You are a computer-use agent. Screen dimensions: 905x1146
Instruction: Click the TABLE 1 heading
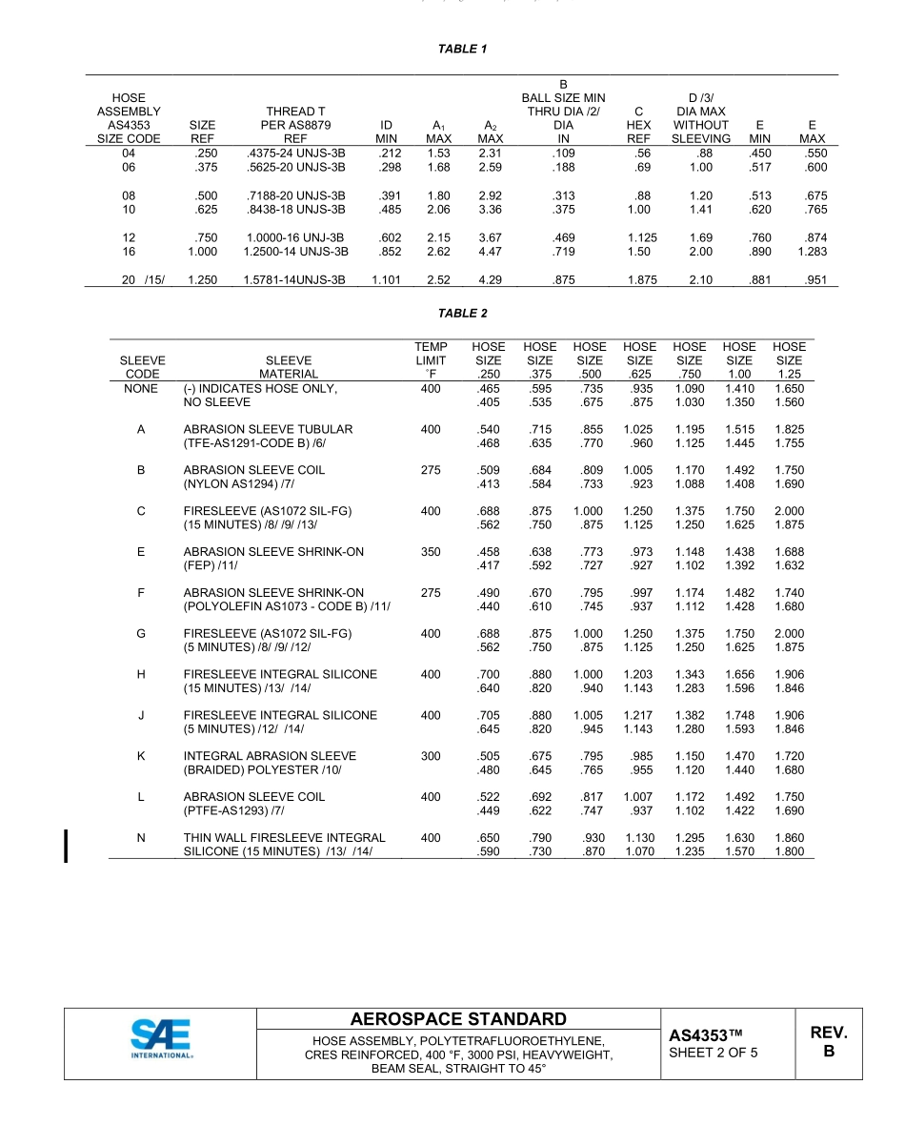point(462,49)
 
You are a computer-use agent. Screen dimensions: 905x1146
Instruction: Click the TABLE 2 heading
point(462,314)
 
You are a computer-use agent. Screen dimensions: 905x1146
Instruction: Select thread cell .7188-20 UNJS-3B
point(295,196)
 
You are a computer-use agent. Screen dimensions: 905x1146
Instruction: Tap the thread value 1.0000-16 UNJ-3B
point(295,237)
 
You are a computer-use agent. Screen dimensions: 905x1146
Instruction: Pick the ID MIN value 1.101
point(386,280)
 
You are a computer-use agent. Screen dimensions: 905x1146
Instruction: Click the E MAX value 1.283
point(812,252)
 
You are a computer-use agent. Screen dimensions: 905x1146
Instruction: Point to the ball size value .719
point(563,252)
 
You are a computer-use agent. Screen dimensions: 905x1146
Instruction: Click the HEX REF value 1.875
point(639,280)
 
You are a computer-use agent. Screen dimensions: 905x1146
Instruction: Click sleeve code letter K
point(141,756)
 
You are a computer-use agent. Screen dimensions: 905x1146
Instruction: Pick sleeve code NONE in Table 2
point(141,389)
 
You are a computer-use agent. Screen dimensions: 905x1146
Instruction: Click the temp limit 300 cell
point(431,756)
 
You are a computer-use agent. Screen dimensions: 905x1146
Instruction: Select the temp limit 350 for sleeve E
point(431,552)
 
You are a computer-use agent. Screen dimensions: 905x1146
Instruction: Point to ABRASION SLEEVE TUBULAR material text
point(268,429)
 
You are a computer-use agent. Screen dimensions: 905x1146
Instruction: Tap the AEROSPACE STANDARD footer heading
point(458,1019)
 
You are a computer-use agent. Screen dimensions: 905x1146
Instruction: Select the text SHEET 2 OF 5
point(714,1054)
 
